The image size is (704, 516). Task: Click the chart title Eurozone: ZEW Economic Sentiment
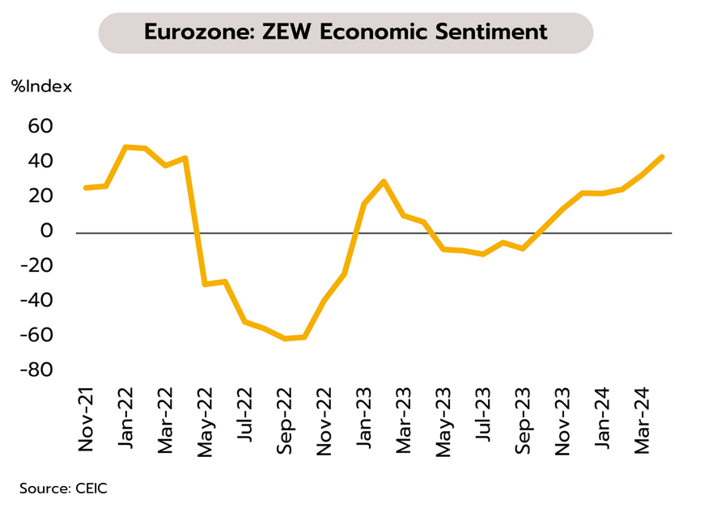point(346,32)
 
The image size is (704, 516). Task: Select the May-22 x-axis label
point(205,421)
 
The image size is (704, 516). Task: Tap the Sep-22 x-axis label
point(285,421)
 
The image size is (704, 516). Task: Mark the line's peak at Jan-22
point(125,147)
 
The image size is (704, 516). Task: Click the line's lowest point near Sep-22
point(285,338)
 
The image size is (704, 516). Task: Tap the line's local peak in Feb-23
point(384,181)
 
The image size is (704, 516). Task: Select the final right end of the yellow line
point(663,157)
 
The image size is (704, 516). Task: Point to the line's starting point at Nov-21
point(86,188)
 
